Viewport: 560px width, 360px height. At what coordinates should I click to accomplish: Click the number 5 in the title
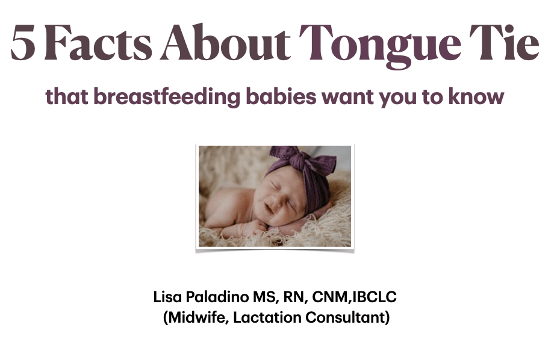pos(23,42)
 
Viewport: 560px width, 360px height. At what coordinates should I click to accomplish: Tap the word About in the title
pos(225,42)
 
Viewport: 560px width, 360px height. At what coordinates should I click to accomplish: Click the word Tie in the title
pos(504,42)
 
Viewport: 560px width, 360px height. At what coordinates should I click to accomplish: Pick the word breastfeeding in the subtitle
pos(167,96)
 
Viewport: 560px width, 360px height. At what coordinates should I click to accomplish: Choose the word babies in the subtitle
pos(281,96)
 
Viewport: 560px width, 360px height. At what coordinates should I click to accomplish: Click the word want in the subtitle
pos(347,97)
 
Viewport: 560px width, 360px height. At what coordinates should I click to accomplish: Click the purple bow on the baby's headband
pos(302,158)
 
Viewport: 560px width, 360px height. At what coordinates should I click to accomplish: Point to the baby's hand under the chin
pos(253,228)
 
